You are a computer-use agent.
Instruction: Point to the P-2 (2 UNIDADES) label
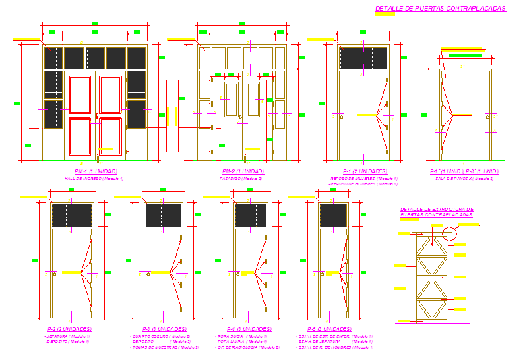click(68, 328)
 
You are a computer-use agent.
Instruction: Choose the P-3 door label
click(159, 328)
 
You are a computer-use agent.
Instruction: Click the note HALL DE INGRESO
click(95, 179)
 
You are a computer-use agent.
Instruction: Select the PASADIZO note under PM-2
click(243, 179)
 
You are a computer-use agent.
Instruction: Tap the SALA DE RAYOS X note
click(464, 179)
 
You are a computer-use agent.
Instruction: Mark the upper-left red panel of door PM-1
click(80, 94)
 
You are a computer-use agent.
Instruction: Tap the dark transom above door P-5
click(334, 215)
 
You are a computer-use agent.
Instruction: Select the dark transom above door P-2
click(72, 215)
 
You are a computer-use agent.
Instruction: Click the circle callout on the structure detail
click(449, 233)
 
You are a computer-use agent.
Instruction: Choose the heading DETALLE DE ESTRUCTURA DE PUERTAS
click(437, 212)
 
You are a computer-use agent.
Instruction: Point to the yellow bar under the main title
click(384, 15)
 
